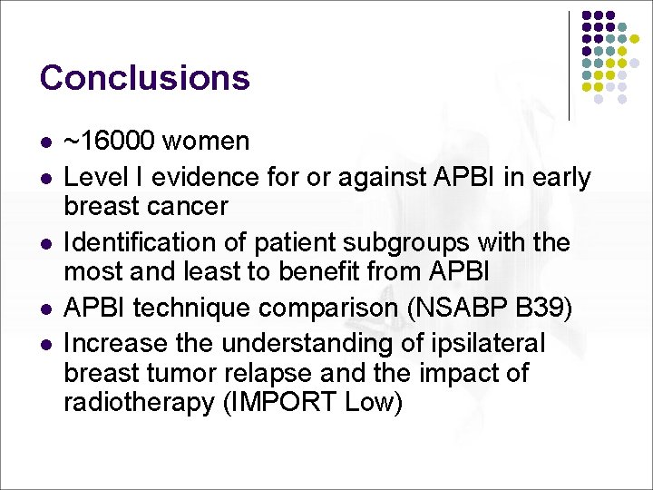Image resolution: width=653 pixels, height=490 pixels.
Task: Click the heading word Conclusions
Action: pyautogui.click(x=145, y=77)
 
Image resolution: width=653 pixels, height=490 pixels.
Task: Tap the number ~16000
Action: pyautogui.click(x=108, y=141)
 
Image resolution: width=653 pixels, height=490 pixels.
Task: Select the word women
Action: pyautogui.click(x=206, y=141)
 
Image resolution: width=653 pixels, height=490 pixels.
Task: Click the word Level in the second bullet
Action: pyautogui.click(x=96, y=176)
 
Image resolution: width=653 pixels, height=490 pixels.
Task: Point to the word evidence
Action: pyautogui.click(x=205, y=176)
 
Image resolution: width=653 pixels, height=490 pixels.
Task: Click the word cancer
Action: pyautogui.click(x=188, y=206)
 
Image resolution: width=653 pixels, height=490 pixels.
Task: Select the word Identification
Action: pyautogui.click(x=140, y=241)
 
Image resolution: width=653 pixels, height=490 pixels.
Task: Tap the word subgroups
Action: pyautogui.click(x=405, y=243)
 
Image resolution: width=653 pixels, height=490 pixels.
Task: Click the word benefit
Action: pyautogui.click(x=318, y=271)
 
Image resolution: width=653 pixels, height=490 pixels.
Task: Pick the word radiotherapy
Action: pyautogui.click(x=139, y=403)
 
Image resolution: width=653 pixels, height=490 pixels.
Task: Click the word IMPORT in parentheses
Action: pyautogui.click(x=279, y=403)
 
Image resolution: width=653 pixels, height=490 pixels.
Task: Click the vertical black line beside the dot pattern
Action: pyautogui.click(x=570, y=66)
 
